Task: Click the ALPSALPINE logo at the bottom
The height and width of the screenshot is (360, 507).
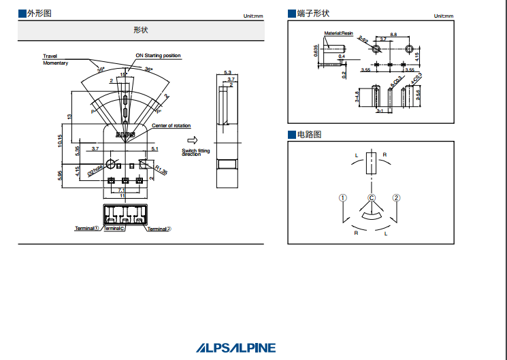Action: click(236, 347)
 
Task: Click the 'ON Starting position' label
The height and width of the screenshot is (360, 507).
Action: click(158, 56)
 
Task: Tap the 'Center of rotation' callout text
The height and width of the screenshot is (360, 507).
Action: click(171, 126)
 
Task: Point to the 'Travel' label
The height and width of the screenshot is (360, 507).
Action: click(50, 56)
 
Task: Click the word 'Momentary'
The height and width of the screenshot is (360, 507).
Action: click(55, 63)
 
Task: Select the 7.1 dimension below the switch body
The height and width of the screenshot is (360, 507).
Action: click(121, 191)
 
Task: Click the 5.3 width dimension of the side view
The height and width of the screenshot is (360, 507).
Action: click(227, 72)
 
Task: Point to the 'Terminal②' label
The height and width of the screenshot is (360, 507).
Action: click(159, 229)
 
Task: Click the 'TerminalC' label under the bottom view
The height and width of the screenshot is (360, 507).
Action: click(114, 229)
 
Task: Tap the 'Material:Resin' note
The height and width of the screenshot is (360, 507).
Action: click(338, 33)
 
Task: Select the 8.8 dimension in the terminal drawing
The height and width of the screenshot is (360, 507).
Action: click(393, 35)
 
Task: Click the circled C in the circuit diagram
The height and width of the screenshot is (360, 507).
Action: click(372, 198)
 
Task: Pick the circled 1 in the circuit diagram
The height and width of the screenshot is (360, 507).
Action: click(343, 198)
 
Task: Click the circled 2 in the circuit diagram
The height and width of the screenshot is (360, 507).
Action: click(396, 198)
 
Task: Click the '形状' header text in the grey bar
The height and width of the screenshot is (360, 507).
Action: click(141, 30)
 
